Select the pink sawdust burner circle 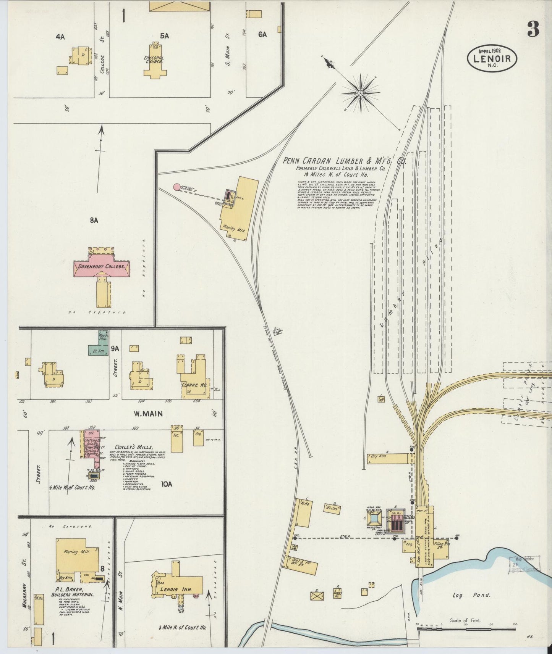coord(176,187)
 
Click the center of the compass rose coord(361,93)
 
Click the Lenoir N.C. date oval coord(492,58)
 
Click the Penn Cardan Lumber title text coord(344,161)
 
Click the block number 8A coord(94,220)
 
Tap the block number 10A coord(167,484)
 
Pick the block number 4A coord(60,37)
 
